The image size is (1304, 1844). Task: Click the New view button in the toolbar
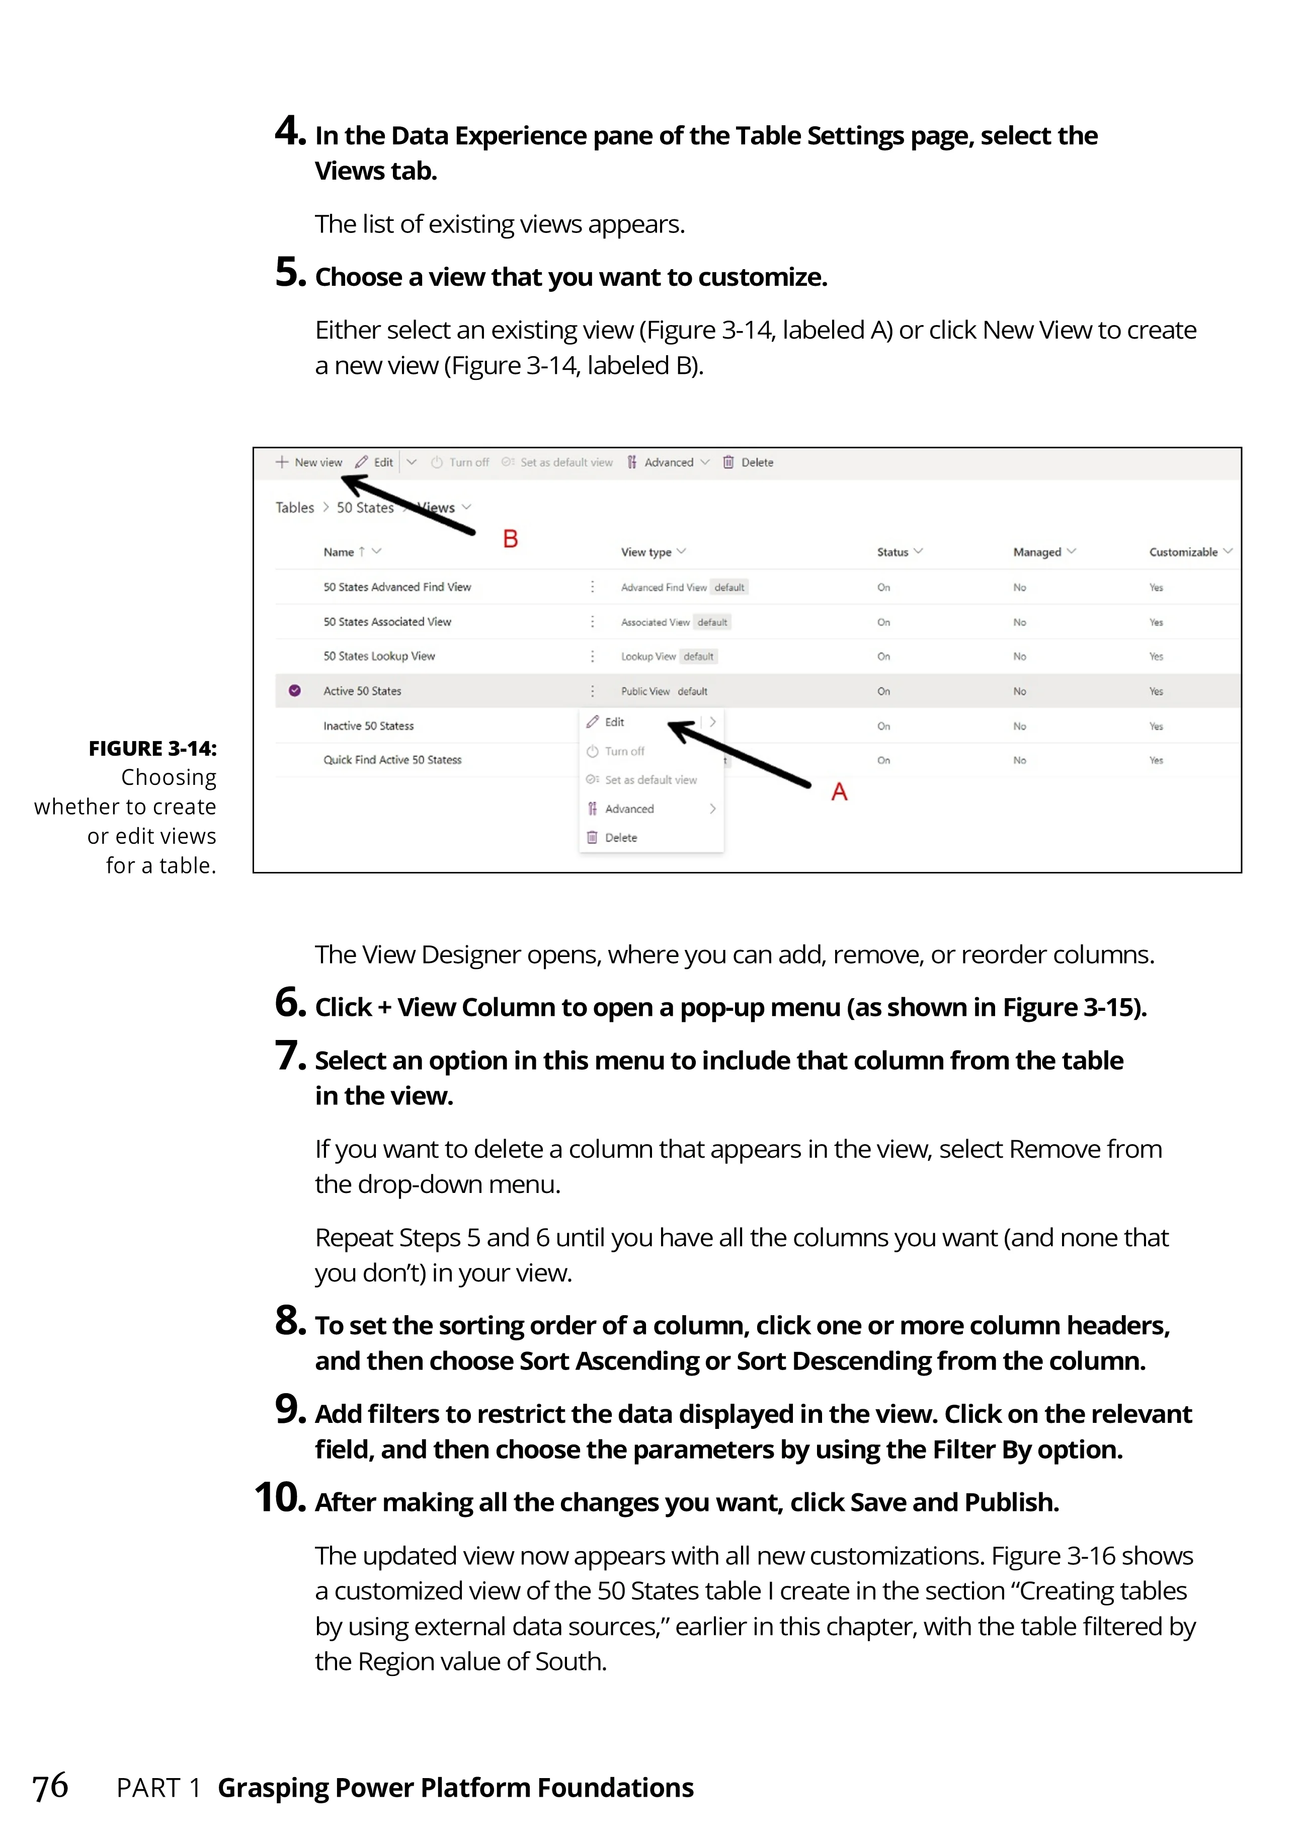click(x=310, y=462)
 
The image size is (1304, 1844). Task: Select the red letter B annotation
click(x=511, y=539)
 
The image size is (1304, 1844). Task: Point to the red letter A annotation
click(x=839, y=792)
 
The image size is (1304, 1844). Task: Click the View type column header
click(x=646, y=552)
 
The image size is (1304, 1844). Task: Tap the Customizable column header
click(x=1184, y=552)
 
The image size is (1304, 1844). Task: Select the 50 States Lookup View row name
click(x=379, y=656)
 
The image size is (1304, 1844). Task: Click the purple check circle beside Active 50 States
click(x=295, y=691)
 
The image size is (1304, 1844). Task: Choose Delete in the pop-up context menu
click(x=620, y=838)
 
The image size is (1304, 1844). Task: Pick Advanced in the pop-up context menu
click(x=629, y=809)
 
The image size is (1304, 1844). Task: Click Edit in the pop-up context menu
click(x=614, y=722)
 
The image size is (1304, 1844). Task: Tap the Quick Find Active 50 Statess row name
click(x=392, y=760)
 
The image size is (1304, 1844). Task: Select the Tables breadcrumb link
click(x=295, y=508)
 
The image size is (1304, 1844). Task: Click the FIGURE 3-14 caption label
click(x=152, y=749)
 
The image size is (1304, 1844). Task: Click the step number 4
click(x=290, y=132)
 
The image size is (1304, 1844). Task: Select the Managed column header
click(x=1037, y=552)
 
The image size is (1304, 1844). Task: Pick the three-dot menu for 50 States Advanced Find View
click(x=593, y=587)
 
